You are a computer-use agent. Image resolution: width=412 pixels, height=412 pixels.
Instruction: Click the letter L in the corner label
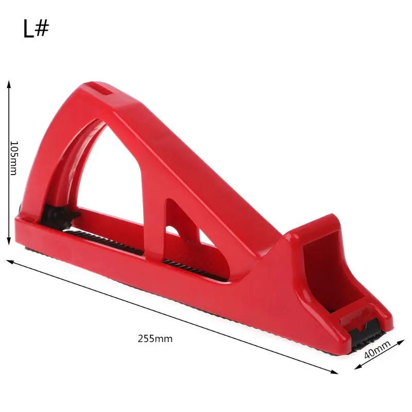pos(28,29)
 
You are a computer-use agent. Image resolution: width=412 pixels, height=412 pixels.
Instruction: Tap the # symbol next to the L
pos(42,29)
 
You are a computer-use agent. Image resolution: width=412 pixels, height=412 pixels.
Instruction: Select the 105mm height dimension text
pos(13,158)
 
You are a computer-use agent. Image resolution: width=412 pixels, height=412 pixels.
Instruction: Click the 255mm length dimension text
pos(155,339)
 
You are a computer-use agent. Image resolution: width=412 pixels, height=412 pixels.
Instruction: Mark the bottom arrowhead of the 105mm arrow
pos(9,242)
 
